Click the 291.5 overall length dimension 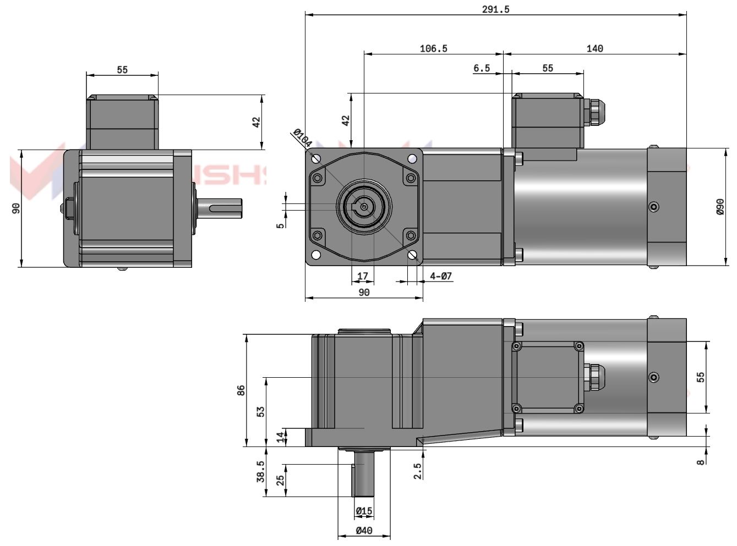[495, 9]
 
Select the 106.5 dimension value [433, 48]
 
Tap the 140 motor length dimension [594, 48]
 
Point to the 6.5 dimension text [481, 68]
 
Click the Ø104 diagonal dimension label [302, 138]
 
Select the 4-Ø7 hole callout [441, 276]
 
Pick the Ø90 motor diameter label [720, 207]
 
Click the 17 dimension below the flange [363, 276]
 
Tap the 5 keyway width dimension [281, 225]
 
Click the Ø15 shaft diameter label [364, 511]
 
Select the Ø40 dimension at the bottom [364, 531]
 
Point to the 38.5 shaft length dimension [260, 471]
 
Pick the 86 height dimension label [241, 390]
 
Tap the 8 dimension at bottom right [701, 462]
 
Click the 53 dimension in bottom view [261, 411]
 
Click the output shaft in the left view [217, 208]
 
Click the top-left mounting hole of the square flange [316, 159]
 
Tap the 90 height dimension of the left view [16, 208]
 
